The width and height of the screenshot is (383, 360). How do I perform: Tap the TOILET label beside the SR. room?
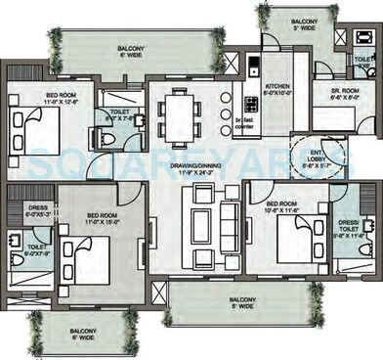(362, 60)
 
